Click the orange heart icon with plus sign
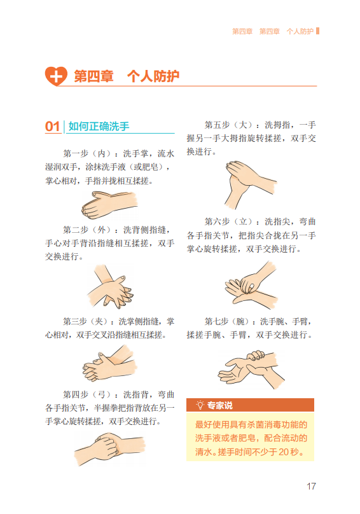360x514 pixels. pos(56,76)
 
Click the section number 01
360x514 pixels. pos(52,127)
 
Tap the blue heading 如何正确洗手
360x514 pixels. pos(99,126)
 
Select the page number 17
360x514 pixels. pos(311,486)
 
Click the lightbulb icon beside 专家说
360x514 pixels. pos(200,405)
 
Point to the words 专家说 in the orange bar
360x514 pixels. pos(219,405)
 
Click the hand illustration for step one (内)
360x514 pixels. pos(109,205)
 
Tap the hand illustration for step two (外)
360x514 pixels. pos(110,287)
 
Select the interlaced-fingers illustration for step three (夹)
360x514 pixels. pos(109,363)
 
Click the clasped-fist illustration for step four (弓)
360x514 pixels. pos(109,448)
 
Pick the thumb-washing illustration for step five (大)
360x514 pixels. pos(251,184)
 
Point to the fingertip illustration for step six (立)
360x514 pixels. pos(251,286)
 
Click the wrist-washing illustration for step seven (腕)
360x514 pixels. pos(251,370)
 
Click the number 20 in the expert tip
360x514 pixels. pos(284,452)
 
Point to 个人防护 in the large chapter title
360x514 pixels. pos(153,76)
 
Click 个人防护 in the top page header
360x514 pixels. pos(300,31)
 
